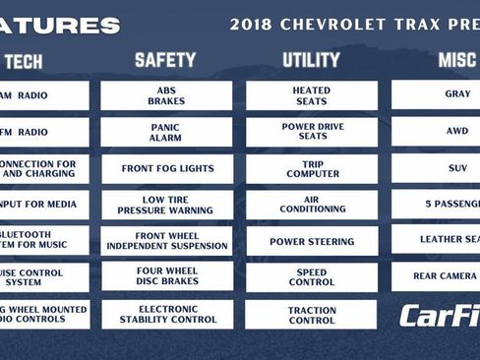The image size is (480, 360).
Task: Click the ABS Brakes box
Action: pyautogui.click(x=166, y=94)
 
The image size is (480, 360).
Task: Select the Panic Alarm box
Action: pyautogui.click(x=166, y=132)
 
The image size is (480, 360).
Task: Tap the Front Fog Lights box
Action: pyautogui.click(x=166, y=168)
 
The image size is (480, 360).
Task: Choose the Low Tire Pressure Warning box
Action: pyautogui.click(x=166, y=205)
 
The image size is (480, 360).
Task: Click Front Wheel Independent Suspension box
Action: pyautogui.click(x=166, y=241)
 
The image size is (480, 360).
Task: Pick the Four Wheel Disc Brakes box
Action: pyautogui.click(x=166, y=277)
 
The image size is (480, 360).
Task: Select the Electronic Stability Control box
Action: pyautogui.click(x=166, y=314)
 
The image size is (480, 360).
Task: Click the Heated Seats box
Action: pyautogui.click(x=311, y=94)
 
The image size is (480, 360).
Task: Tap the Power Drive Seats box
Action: pyautogui.click(x=311, y=132)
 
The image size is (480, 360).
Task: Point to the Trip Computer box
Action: pyautogui.click(x=311, y=168)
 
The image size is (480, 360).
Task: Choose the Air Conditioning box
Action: pyautogui.click(x=311, y=205)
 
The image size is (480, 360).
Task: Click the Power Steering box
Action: pyautogui.click(x=311, y=241)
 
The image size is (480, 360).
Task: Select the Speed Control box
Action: pyautogui.click(x=311, y=277)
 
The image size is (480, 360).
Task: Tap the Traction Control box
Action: pyautogui.click(x=311, y=314)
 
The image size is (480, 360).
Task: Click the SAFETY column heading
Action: pyautogui.click(x=165, y=60)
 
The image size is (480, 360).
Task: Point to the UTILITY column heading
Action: pyautogui.click(x=311, y=60)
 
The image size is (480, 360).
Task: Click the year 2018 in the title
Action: pyautogui.click(x=250, y=25)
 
